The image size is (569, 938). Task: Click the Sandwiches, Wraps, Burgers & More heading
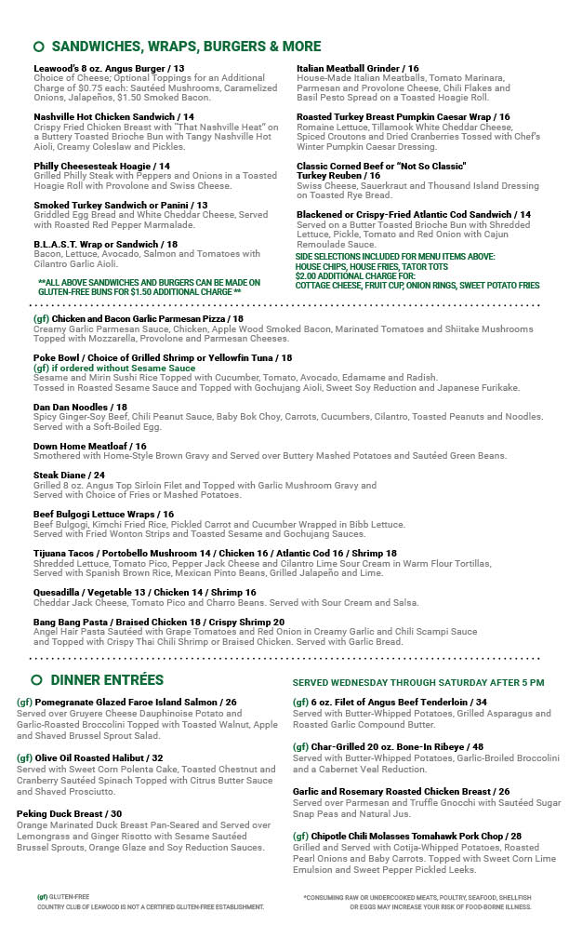coord(186,47)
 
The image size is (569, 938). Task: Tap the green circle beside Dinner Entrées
coord(38,680)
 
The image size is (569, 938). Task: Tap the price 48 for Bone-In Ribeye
coord(477,746)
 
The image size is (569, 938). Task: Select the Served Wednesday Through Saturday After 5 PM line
coord(418,682)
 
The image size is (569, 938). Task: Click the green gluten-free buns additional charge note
coord(149,287)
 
